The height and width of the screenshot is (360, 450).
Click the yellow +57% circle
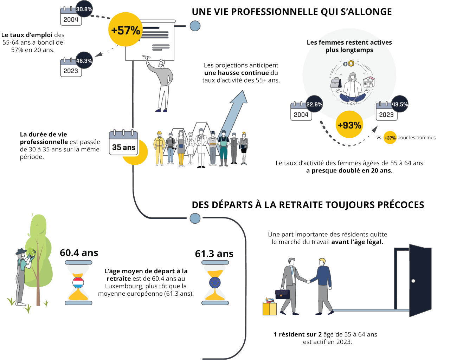[125, 30]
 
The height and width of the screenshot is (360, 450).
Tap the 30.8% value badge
[84, 9]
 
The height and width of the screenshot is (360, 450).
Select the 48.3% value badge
[84, 60]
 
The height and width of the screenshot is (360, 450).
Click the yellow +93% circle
[349, 125]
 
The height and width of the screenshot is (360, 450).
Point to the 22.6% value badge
[314, 104]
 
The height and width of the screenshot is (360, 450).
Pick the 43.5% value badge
[400, 104]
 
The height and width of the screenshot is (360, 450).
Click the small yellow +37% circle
[390, 138]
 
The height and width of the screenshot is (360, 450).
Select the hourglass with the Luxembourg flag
[78, 282]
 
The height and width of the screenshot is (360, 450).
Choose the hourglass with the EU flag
[215, 283]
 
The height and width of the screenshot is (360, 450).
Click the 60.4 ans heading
[79, 253]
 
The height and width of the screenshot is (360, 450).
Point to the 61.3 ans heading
[214, 254]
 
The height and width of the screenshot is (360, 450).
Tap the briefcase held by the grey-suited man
[282, 294]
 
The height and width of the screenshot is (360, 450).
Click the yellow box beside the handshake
[270, 309]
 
